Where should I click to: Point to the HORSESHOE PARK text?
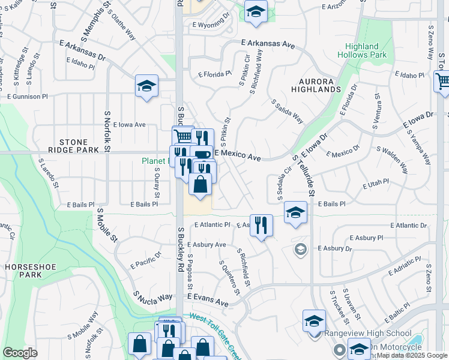(x=22, y=270)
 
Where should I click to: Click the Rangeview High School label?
(x=368, y=334)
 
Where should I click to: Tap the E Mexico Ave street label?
(x=238, y=155)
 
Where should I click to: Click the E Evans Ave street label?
(x=207, y=300)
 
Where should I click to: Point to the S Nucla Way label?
(x=152, y=297)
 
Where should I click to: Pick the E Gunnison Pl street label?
(x=27, y=96)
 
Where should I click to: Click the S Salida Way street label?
(x=287, y=112)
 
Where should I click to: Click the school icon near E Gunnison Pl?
(x=146, y=86)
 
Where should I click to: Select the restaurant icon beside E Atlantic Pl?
(x=261, y=226)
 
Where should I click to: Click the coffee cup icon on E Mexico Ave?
(x=202, y=155)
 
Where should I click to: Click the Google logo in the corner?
(x=20, y=353)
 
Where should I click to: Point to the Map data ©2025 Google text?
(x=412, y=355)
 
